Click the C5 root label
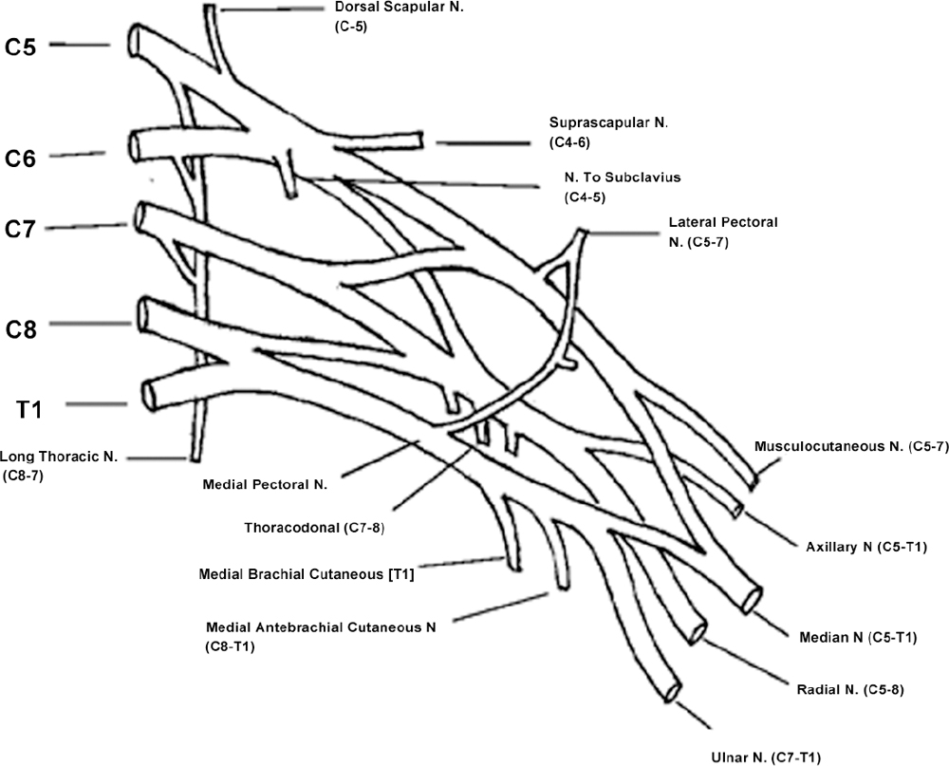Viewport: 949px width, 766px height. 21,47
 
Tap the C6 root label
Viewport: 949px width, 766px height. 21,159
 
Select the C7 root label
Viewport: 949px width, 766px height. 21,229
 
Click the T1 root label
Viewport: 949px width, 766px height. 28,409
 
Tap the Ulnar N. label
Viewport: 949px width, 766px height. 765,757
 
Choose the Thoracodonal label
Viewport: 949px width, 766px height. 314,526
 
